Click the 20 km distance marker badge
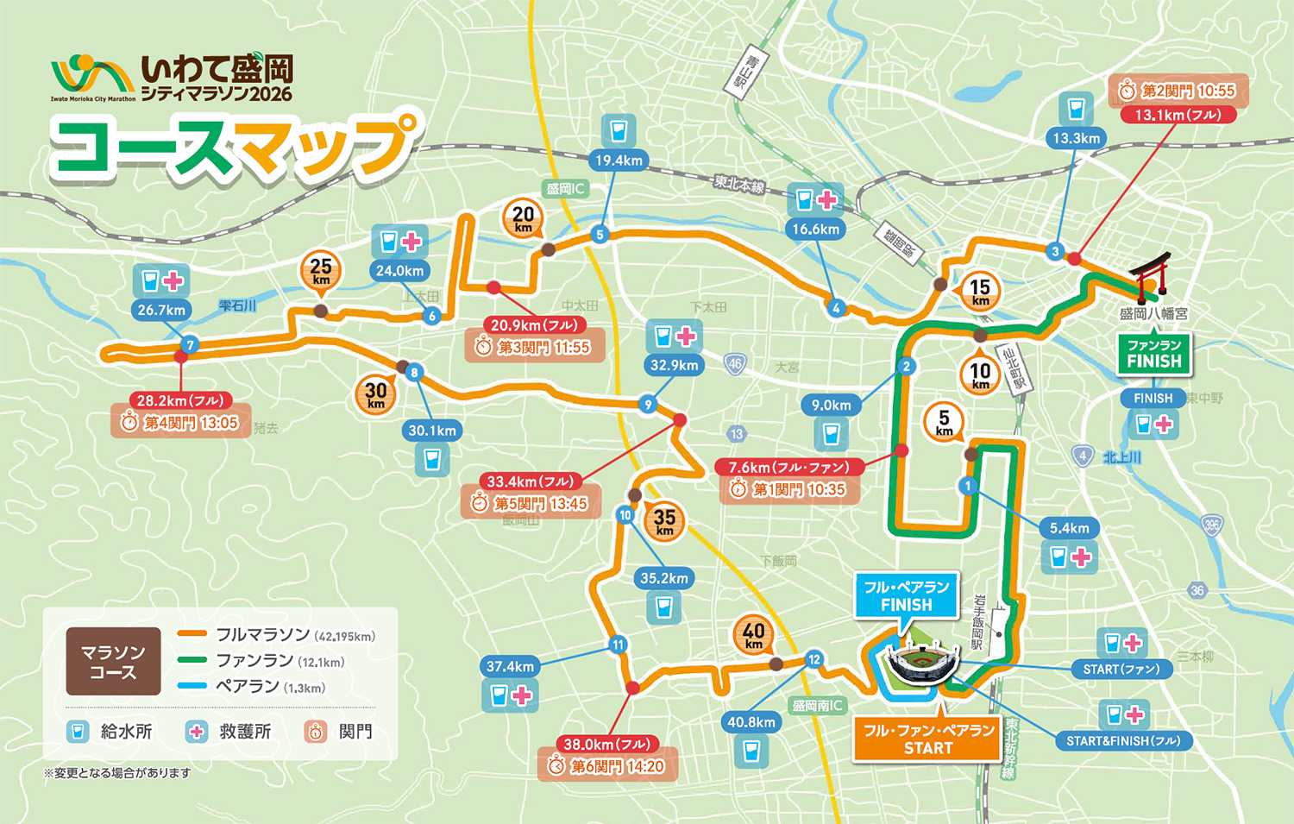tap(523, 217)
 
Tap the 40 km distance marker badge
tap(753, 635)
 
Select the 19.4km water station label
tap(619, 160)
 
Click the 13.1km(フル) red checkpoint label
tap(1178, 115)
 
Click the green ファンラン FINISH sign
tap(1153, 354)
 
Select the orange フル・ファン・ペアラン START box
tap(928, 739)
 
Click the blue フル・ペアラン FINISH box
tap(906, 595)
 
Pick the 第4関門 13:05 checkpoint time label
tap(181, 423)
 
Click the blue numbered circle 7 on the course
tap(191, 345)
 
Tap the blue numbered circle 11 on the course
tap(618, 645)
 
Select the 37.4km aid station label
tap(510, 666)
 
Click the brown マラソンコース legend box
tap(113, 662)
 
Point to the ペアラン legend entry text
tap(248, 687)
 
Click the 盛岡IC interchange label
tap(565, 188)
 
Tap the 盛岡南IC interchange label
tap(816, 706)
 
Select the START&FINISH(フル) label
tap(1122, 741)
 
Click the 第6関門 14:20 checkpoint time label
tap(607, 766)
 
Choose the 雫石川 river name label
tap(237, 305)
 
